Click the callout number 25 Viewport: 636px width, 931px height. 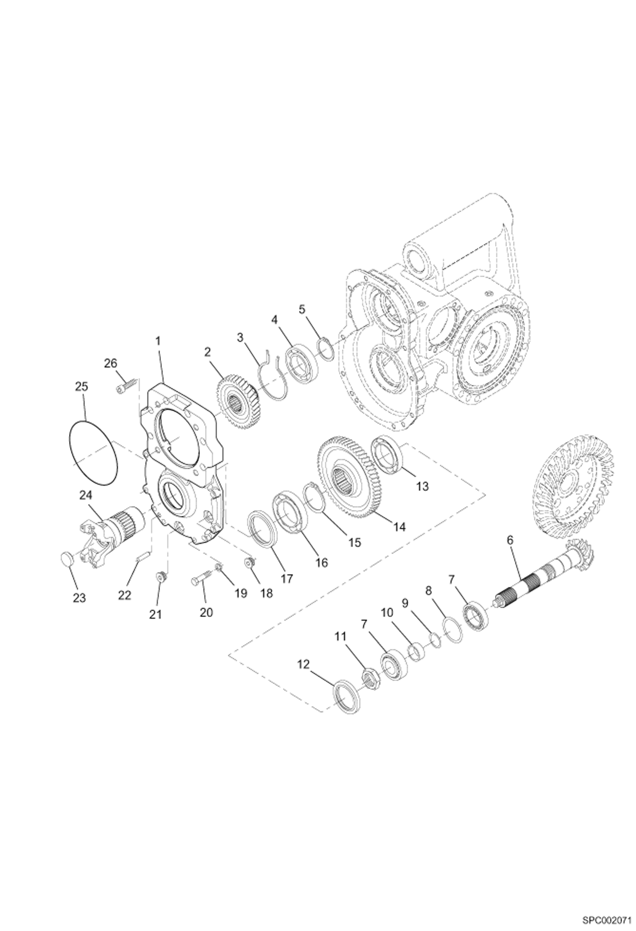(82, 387)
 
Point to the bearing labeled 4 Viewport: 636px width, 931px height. (301, 356)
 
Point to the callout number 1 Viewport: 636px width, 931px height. (158, 340)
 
